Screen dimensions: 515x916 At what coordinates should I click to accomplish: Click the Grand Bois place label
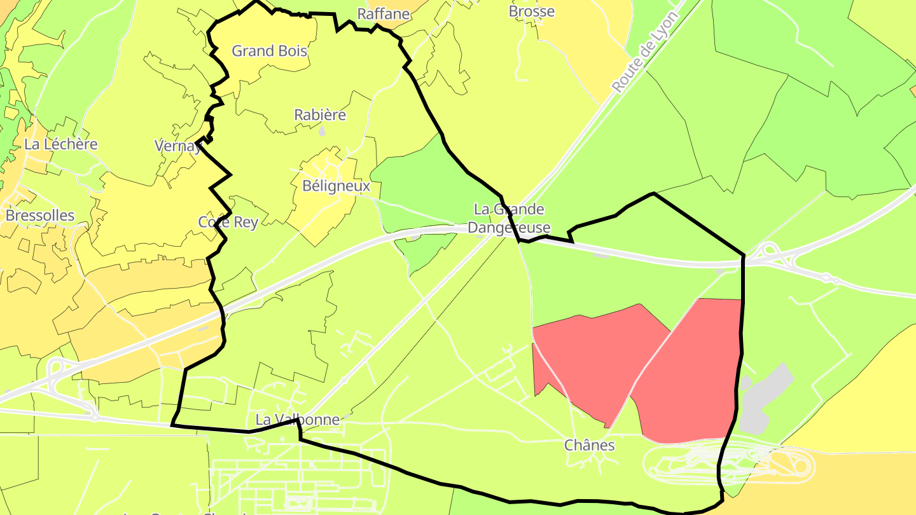click(x=269, y=51)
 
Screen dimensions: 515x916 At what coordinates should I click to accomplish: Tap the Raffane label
click(x=383, y=14)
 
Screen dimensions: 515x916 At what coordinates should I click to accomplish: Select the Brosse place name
click(x=532, y=11)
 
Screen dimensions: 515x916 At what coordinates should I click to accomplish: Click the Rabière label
click(x=320, y=115)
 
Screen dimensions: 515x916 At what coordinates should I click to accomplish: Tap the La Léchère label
click(x=61, y=144)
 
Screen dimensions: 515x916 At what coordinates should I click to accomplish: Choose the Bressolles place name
click(x=40, y=216)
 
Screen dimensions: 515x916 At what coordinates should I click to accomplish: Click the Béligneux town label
click(x=337, y=186)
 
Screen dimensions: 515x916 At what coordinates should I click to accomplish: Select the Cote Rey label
click(x=228, y=222)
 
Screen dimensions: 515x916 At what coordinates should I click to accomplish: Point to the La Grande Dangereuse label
click(x=509, y=218)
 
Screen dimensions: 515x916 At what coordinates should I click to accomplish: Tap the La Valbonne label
click(x=297, y=420)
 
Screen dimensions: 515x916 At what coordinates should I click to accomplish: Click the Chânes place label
click(x=590, y=445)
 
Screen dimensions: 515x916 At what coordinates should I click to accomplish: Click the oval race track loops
click(x=732, y=464)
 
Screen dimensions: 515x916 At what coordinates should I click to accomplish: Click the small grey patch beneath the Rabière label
click(x=322, y=132)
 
